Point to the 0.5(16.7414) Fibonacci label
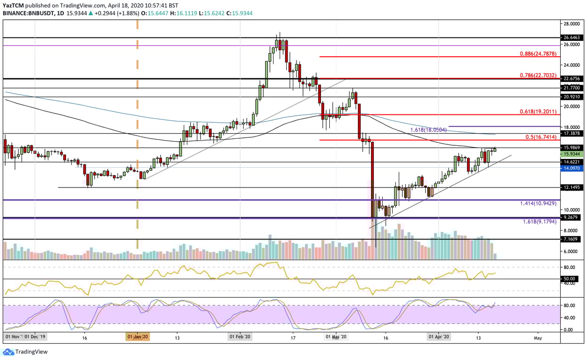[x=539, y=137]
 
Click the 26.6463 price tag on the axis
[x=572, y=37]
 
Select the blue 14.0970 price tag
[x=572, y=168]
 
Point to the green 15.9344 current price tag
[x=572, y=154]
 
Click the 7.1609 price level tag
[x=572, y=239]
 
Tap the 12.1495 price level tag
[x=572, y=187]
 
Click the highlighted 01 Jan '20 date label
[x=137, y=337]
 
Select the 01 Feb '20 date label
[x=240, y=337]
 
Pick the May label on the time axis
[x=538, y=337]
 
